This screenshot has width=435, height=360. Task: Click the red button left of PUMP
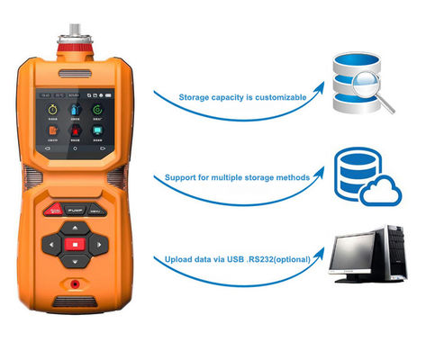[53, 210]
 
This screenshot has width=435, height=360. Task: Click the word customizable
[278, 96]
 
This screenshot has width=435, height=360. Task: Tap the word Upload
[177, 259]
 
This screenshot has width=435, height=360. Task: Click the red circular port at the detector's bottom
[76, 289]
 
